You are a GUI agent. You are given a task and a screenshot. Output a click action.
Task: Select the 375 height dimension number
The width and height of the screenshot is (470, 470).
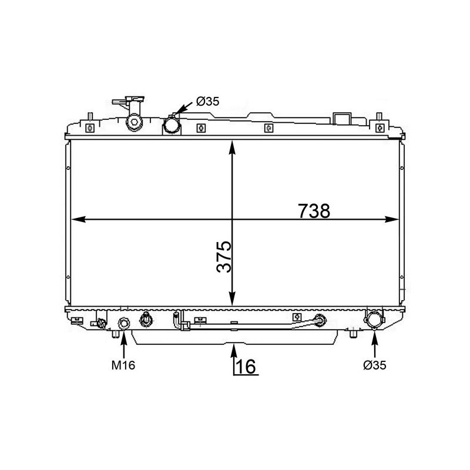tap(224, 257)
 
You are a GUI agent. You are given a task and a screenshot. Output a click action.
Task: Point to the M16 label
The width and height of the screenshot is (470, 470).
tap(123, 365)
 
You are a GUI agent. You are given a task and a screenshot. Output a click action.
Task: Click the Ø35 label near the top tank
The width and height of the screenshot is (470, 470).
tap(207, 102)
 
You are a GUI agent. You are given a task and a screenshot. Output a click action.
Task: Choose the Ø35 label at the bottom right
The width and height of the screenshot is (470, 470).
tap(375, 365)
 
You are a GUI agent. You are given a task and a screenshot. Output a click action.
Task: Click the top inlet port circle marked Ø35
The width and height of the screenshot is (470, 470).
tap(172, 125)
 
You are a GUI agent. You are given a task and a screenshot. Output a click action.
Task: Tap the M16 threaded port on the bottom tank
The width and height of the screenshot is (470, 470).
tap(124, 324)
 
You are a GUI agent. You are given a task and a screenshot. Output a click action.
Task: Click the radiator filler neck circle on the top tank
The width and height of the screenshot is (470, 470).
tap(135, 122)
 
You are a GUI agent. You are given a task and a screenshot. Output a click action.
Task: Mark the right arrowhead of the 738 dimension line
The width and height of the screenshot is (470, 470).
tap(394, 220)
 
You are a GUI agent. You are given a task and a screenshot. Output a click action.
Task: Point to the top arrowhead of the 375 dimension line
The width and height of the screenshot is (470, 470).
tap(234, 146)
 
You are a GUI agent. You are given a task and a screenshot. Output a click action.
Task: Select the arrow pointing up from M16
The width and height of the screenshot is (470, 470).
tap(123, 344)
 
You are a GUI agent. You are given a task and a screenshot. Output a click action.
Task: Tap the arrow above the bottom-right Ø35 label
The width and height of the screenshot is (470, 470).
tap(375, 344)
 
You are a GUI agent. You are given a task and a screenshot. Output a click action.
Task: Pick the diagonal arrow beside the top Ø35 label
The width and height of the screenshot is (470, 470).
tap(183, 110)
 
